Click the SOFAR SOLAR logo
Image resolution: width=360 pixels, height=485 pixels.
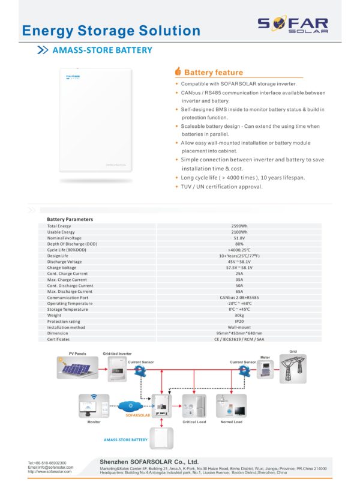(x=293, y=24)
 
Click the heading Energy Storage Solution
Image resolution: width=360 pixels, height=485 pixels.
(x=111, y=31)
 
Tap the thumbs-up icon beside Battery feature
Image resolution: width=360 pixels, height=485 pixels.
(x=178, y=71)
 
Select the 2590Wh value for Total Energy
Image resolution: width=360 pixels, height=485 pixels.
(x=239, y=226)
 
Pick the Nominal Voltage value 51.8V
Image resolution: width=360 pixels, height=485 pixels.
(x=239, y=238)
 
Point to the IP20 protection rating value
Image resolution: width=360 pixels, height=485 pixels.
(x=239, y=321)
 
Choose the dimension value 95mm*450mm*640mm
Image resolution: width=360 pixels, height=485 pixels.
(x=239, y=333)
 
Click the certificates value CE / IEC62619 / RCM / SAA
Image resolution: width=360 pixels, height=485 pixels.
(x=239, y=339)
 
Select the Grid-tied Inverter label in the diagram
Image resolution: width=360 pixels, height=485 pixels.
(x=117, y=354)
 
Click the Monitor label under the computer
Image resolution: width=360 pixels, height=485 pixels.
(x=94, y=423)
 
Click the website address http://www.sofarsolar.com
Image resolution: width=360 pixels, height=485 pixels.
(x=50, y=472)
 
